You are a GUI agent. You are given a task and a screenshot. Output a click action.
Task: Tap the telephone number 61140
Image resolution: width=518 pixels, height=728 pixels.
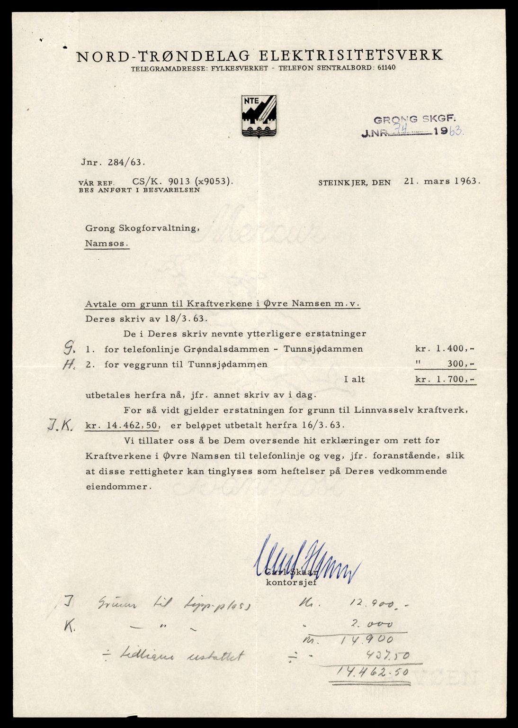386,68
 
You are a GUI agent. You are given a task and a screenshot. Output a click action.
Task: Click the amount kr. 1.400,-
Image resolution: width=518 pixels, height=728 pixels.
445,349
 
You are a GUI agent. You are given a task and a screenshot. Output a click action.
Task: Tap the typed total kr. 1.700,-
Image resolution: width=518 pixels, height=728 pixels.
445,379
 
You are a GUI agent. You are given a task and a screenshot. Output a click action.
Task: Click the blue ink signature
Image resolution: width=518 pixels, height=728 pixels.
303,558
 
